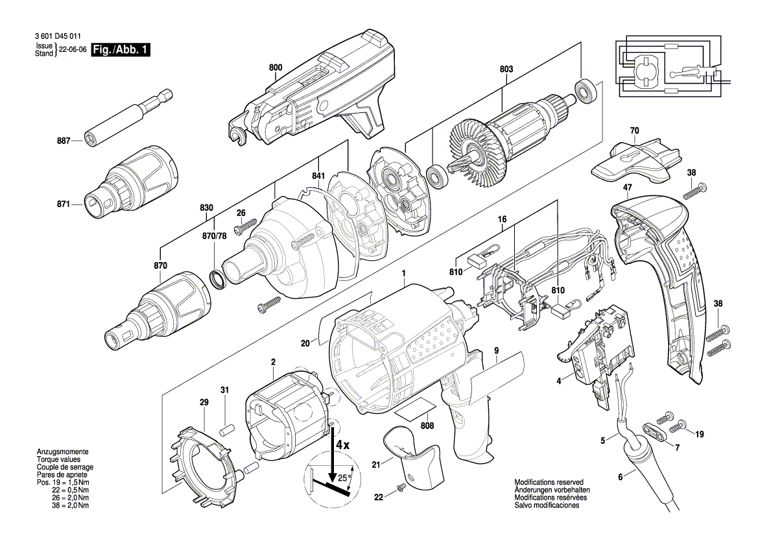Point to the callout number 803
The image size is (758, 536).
coord(506,67)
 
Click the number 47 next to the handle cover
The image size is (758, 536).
coord(627,188)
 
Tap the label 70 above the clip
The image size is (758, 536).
coord(634,130)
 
